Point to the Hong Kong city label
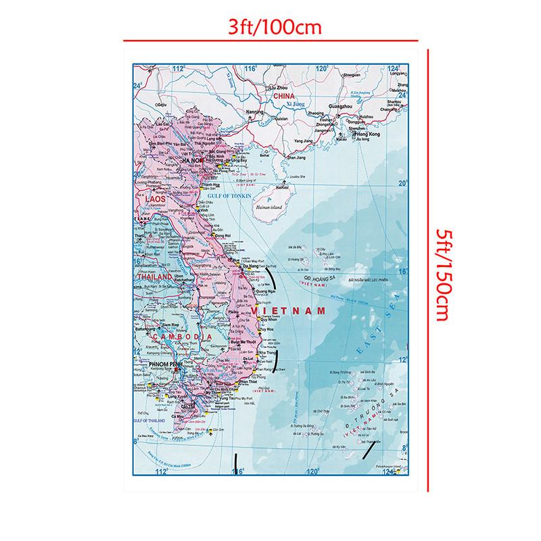381,136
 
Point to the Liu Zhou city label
279,88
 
